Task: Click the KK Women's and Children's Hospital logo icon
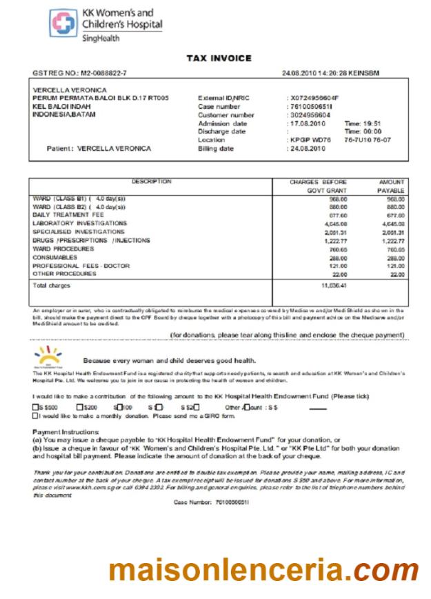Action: point(63,23)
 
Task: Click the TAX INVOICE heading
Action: point(219,59)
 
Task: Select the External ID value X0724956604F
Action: point(314,99)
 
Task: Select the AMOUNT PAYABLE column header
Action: point(391,186)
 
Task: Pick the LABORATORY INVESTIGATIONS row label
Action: point(79,224)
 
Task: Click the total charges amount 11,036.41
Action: point(334,285)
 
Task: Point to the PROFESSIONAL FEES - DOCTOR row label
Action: point(82,266)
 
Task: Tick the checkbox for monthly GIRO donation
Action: point(35,415)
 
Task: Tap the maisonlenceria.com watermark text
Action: point(263,571)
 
